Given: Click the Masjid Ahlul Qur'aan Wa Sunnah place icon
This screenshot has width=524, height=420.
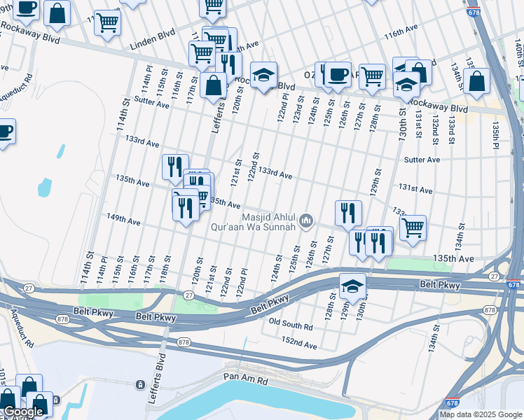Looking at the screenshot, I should pyautogui.click(x=305, y=221).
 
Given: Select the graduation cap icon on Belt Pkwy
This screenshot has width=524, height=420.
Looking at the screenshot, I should pyautogui.click(x=353, y=284).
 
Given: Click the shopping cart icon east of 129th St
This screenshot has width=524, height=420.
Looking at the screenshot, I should pyautogui.click(x=413, y=226).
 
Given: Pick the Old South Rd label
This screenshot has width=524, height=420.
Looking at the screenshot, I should pyautogui.click(x=291, y=325).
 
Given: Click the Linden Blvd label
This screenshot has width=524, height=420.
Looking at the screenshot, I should pyautogui.click(x=151, y=45).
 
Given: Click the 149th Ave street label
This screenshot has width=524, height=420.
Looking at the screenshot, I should pyautogui.click(x=123, y=222).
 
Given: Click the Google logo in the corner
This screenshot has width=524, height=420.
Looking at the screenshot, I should pyautogui.click(x=23, y=412).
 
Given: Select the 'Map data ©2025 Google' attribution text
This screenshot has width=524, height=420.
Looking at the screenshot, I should pyautogui.click(x=480, y=414).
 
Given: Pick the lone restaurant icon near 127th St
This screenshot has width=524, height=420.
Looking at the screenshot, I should pyautogui.click(x=348, y=212).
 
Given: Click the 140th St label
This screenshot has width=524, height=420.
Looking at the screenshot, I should pyautogui.click(x=517, y=49).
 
